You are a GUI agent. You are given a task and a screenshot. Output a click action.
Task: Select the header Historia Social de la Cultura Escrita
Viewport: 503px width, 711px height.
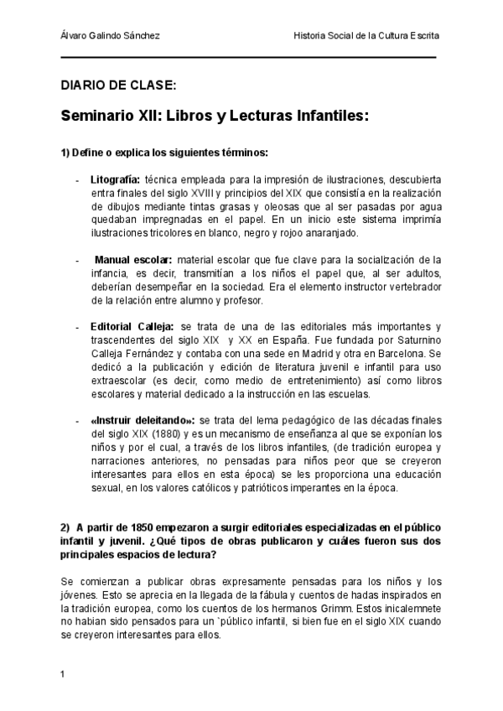click(x=366, y=36)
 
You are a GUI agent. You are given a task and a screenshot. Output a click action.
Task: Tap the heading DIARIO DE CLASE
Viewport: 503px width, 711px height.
click(x=118, y=86)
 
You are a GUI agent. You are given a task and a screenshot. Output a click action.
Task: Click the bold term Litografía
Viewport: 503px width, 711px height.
click(x=115, y=179)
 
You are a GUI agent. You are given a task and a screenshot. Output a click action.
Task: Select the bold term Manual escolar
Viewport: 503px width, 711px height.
click(x=133, y=260)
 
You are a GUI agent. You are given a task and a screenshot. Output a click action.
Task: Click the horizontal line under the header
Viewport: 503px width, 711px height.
click(x=249, y=58)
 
